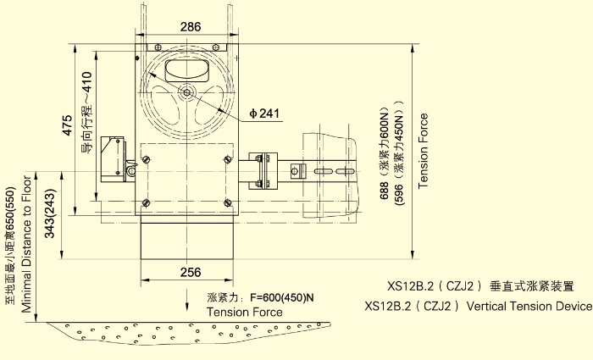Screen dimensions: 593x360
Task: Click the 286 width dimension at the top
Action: point(191,27)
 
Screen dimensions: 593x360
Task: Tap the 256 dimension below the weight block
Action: point(191,272)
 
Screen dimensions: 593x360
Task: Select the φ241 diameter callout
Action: point(264,113)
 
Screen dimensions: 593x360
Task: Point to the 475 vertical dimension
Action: point(67,125)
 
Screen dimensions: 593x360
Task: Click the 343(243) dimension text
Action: point(49,213)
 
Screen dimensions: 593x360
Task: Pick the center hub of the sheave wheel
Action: point(187,92)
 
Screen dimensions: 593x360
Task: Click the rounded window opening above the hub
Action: point(187,70)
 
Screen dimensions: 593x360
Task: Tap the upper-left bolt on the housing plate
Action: point(146,159)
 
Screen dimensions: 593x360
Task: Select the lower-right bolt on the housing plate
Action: point(227,203)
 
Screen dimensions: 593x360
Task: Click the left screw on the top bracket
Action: point(158,47)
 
